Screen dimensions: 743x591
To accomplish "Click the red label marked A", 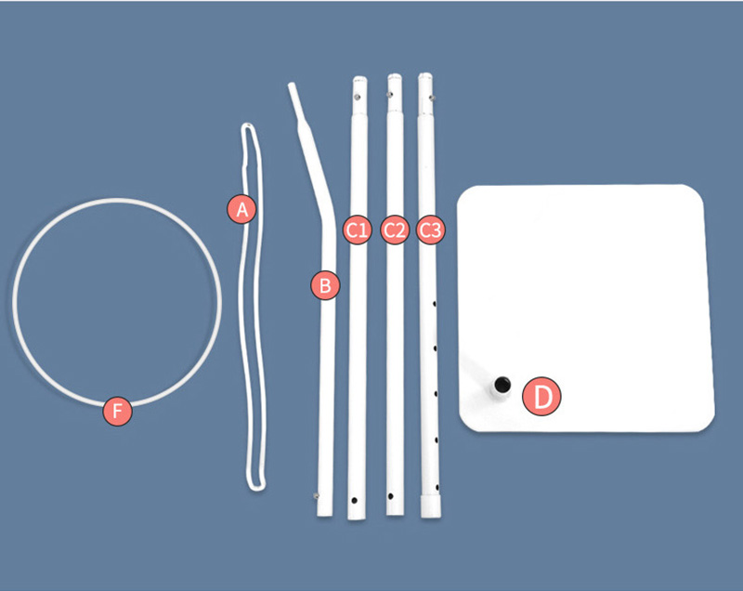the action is pos(241,208).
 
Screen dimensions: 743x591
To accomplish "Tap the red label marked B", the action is pos(325,286).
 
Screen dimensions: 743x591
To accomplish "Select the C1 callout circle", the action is pos(357,230).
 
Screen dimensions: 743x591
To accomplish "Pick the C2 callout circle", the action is pos(394,230).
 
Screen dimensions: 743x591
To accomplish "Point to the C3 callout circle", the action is pos(430,230).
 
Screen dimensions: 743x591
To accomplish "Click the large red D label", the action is pos(541,396).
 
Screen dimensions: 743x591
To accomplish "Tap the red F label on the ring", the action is pos(117,411).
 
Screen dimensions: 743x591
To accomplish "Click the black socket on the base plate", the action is pos(502,384).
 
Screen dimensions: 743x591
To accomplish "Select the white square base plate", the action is pos(586,309).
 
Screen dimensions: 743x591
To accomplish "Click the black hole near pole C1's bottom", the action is pos(354,500).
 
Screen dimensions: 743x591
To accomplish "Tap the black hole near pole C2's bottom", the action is pos(390,496).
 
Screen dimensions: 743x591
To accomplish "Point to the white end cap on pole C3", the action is pos(431,506).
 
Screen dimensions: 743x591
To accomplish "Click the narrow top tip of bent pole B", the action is pos(292,85).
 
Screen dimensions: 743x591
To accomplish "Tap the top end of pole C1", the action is pos(359,78).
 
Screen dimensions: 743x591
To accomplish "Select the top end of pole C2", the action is pos(395,76).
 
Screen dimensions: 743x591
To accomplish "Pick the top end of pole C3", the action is pos(425,75).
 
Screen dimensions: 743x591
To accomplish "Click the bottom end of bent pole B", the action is pos(324,515).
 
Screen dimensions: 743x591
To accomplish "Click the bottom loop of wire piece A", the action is pos(256,487).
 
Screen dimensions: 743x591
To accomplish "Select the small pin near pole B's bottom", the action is pos(316,495).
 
